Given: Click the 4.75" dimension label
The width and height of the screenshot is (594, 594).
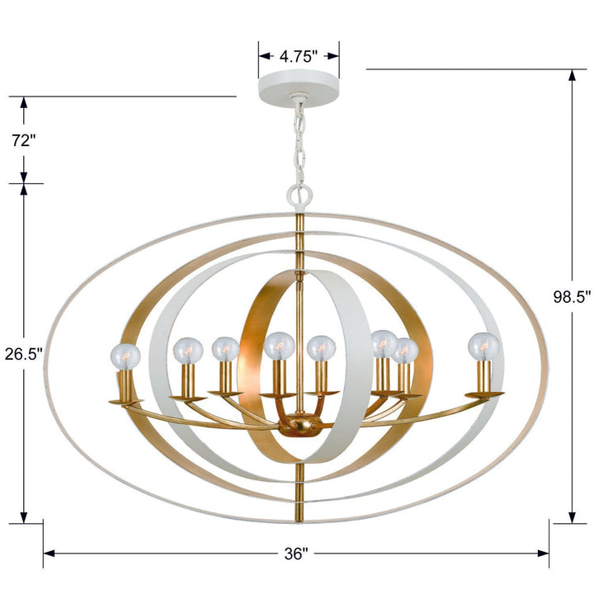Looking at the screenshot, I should point(299,57).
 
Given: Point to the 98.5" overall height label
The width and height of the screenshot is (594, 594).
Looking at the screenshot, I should point(571,297).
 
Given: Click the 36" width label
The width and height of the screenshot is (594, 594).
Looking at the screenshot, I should point(296,553).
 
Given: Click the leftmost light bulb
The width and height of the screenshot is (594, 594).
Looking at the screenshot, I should point(125,356).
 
